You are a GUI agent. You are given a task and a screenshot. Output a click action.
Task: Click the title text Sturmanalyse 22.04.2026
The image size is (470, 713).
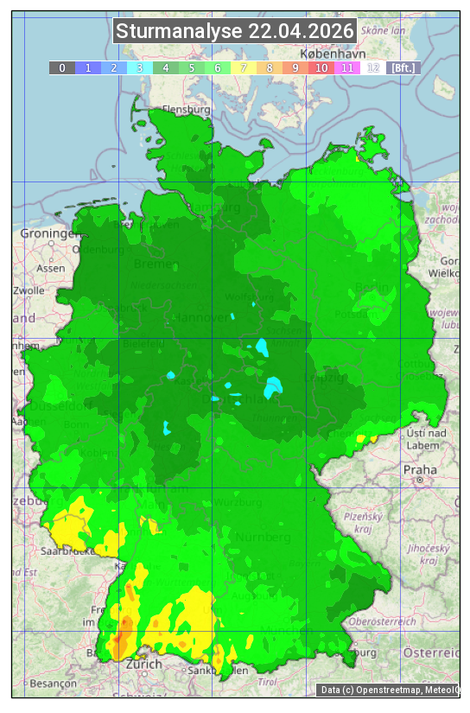tap(235, 32)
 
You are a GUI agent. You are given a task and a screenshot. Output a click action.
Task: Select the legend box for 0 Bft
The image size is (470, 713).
tap(62, 67)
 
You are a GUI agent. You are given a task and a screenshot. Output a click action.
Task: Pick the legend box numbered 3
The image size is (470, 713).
tap(140, 67)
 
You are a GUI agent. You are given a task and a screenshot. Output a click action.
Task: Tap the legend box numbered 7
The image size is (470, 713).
tap(244, 67)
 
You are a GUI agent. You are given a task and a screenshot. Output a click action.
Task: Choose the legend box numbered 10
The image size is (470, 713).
tap(321, 67)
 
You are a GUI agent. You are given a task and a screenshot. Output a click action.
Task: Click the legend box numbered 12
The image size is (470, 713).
tap(373, 67)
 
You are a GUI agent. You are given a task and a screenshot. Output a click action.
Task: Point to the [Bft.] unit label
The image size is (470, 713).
tap(403, 67)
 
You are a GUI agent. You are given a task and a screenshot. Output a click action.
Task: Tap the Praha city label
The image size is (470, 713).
tap(420, 469)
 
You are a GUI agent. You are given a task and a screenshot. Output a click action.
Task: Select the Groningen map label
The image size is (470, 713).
tap(45, 233)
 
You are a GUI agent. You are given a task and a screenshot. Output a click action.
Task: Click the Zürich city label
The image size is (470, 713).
tap(143, 664)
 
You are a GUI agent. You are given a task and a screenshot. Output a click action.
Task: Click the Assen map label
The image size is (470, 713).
tap(52, 268)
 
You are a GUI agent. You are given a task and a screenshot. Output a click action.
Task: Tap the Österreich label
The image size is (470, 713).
tap(432, 652)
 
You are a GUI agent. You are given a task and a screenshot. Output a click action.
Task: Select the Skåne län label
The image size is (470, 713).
tap(384, 30)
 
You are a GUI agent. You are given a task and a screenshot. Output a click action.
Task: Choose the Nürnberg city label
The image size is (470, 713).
tap(263, 537)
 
